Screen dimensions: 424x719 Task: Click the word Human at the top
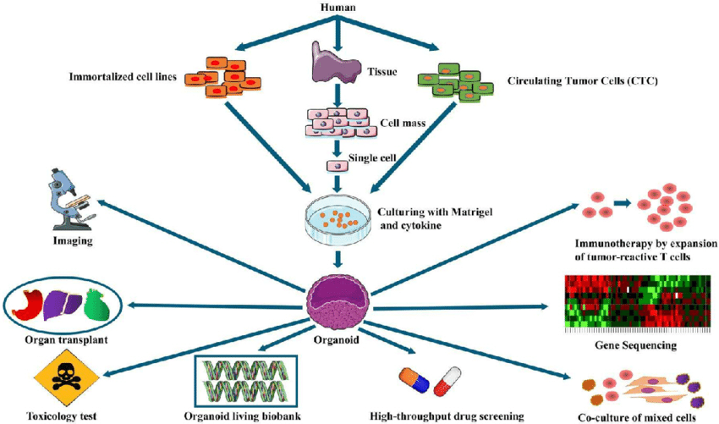coord(338,8)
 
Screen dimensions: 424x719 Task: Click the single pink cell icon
coord(336,165)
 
